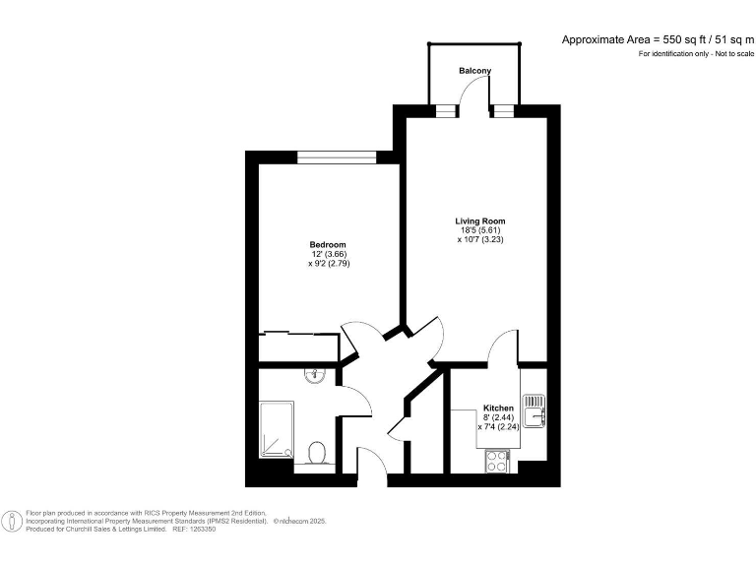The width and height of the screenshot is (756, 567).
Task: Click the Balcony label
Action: click(474, 71)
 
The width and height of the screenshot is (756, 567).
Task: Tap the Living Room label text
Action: click(479, 221)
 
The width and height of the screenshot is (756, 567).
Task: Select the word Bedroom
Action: click(328, 245)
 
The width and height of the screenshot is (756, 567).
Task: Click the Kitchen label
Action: click(497, 409)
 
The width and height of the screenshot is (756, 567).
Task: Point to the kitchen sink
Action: click(533, 411)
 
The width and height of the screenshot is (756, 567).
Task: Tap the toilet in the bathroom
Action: click(317, 453)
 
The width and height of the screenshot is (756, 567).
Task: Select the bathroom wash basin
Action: click(315, 374)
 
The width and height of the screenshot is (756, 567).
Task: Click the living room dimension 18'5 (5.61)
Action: click(479, 231)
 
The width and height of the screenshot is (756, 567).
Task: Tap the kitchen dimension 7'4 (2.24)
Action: click(500, 427)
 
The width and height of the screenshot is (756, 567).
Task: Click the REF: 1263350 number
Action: click(195, 529)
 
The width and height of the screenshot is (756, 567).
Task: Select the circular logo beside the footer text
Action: click(12, 521)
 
